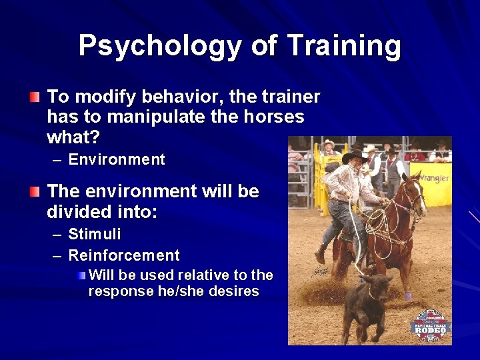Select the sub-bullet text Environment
[x=117, y=160]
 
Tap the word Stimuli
[x=95, y=235]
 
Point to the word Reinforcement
[x=124, y=255]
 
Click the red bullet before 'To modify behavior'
[x=34, y=97]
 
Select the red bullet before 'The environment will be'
[x=34, y=192]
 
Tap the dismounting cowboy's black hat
[x=353, y=157]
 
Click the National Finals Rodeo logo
[x=430, y=325]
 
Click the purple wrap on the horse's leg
[x=407, y=296]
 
